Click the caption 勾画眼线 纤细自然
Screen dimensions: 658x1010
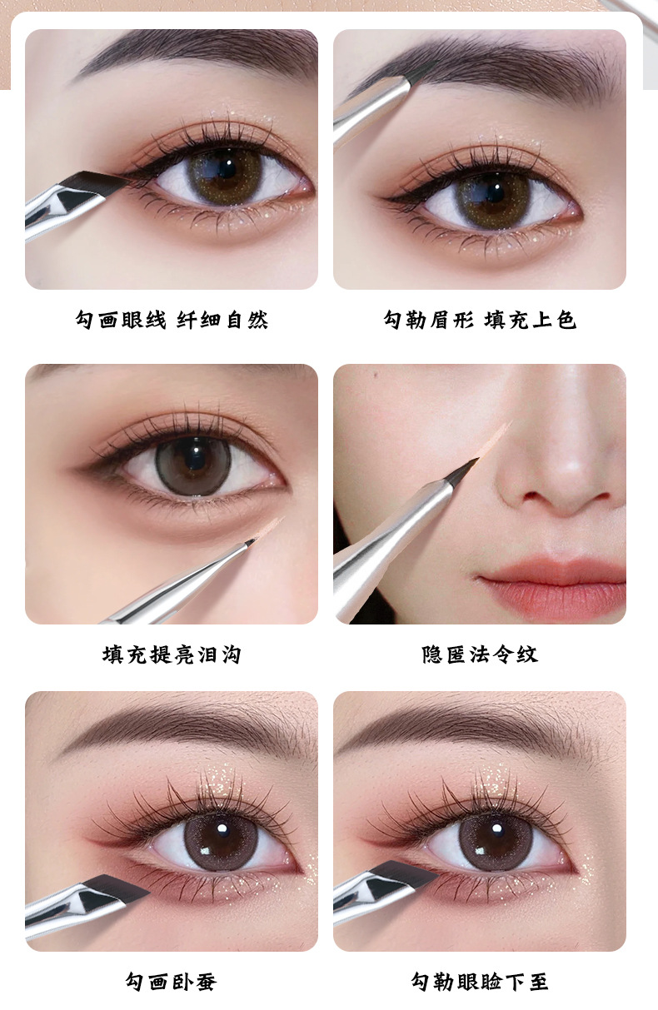coord(172,320)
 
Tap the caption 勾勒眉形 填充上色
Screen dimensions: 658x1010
coord(480,320)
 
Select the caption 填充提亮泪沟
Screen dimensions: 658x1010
coord(172,654)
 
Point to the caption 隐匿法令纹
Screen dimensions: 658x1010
coord(480,654)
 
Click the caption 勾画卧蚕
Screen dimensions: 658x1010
coord(172,982)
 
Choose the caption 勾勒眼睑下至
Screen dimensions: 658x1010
coord(480,982)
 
